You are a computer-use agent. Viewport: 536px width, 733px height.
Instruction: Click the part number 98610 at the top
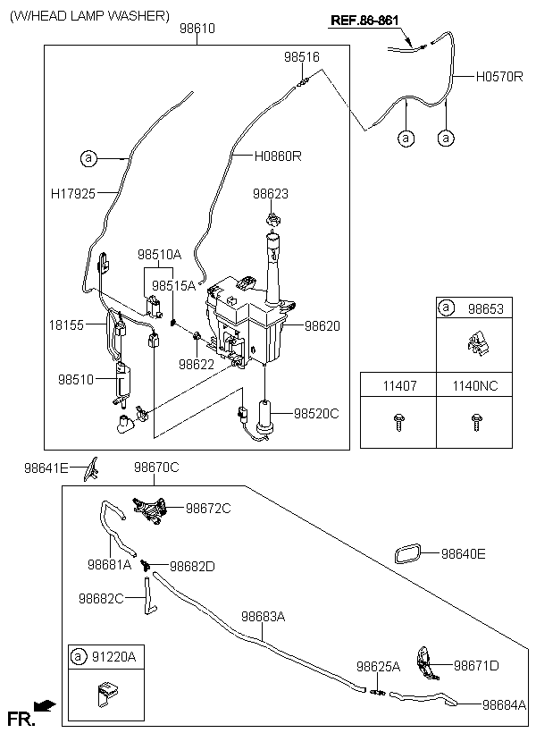pyautogui.click(x=197, y=29)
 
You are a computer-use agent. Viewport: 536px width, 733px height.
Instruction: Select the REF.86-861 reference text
pyautogui.click(x=364, y=21)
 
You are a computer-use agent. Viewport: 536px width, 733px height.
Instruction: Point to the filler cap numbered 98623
pyautogui.click(x=272, y=219)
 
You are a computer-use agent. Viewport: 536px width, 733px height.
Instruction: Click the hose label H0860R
pyautogui.click(x=278, y=156)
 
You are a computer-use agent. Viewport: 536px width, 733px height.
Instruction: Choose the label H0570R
pyautogui.click(x=499, y=77)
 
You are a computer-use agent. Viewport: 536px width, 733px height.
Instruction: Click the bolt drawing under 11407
pyautogui.click(x=398, y=422)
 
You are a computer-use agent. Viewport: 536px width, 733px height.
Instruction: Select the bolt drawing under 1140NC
pyautogui.click(x=476, y=422)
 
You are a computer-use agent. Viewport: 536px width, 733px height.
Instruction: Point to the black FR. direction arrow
pyautogui.click(x=45, y=705)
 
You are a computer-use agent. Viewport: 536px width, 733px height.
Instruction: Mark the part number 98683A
pyautogui.click(x=264, y=617)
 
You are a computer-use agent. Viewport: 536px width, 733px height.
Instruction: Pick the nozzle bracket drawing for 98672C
pyautogui.click(x=150, y=510)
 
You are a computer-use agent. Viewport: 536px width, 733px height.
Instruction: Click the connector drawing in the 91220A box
pyautogui.click(x=107, y=695)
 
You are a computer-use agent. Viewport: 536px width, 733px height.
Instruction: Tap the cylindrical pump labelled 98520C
pyautogui.click(x=266, y=418)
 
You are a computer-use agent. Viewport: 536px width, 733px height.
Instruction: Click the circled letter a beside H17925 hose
pyautogui.click(x=88, y=159)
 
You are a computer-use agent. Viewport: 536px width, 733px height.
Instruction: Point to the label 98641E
pyautogui.click(x=46, y=468)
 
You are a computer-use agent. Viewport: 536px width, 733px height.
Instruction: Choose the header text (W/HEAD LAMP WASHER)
pyautogui.click(x=89, y=16)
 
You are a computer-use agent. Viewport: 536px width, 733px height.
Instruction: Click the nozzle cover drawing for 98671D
pyautogui.click(x=426, y=663)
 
